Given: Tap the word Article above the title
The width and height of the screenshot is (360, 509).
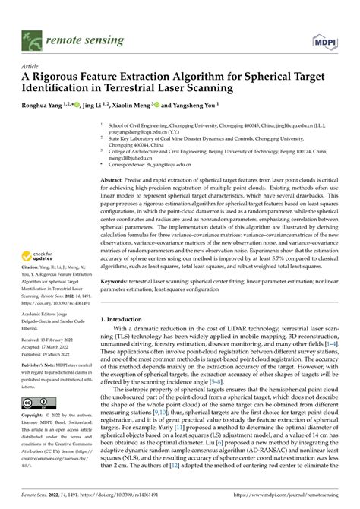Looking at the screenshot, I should click(x=32, y=66).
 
